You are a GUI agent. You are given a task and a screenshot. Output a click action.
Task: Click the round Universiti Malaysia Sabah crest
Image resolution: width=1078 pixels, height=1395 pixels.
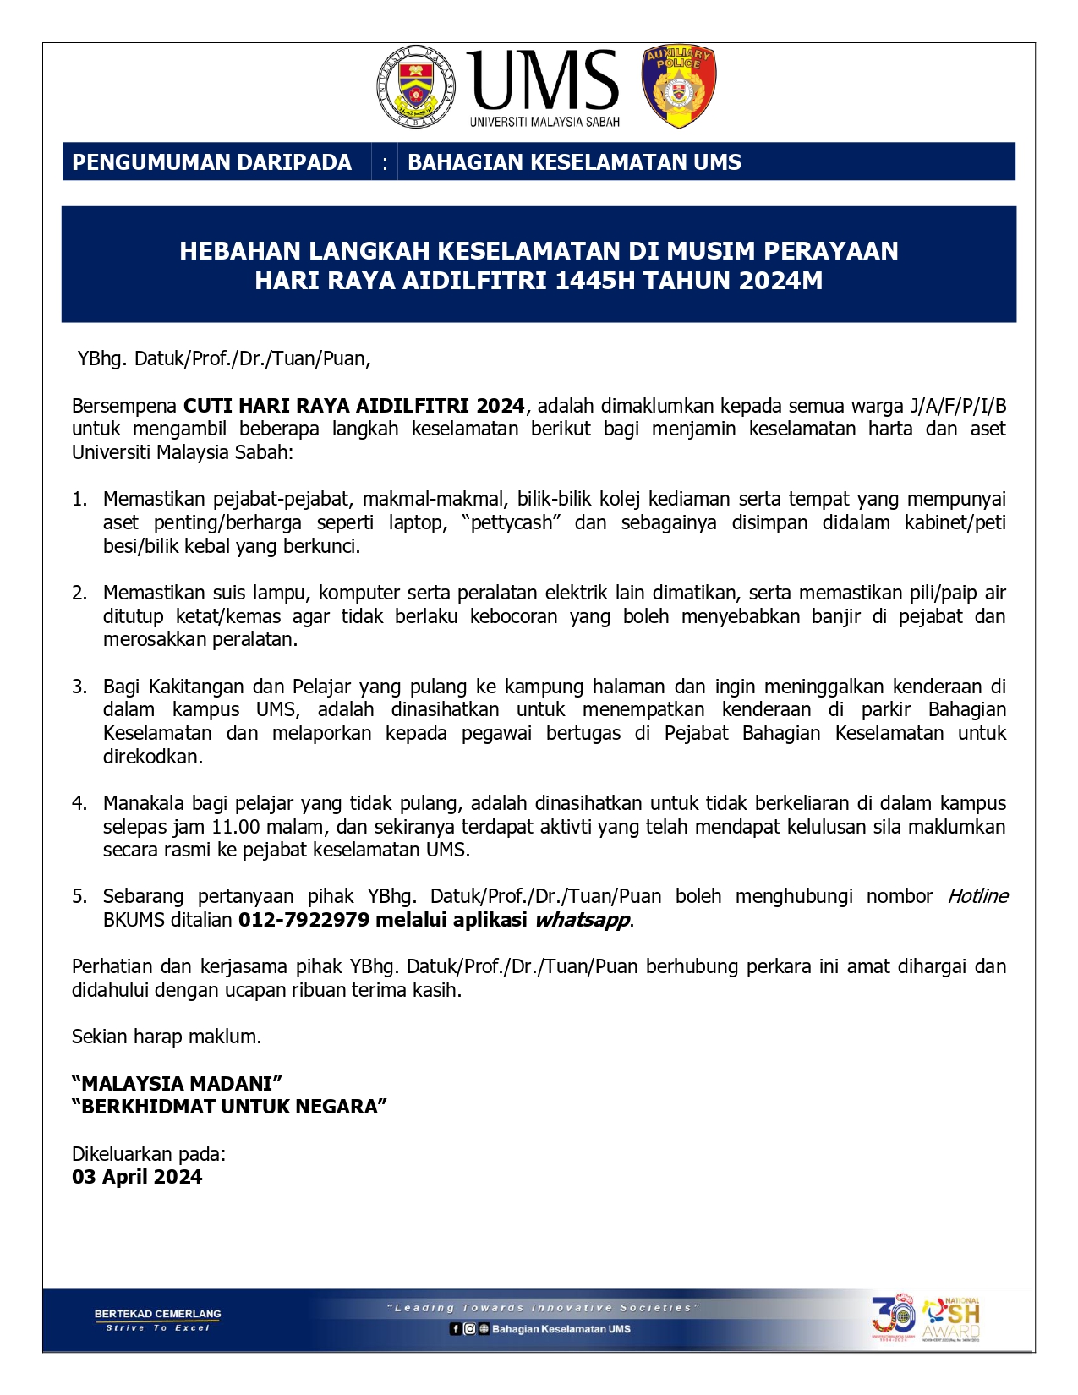pyautogui.click(x=415, y=87)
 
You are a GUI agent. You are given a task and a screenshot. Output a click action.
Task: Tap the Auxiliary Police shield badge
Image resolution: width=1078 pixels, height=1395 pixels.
pyautogui.click(x=679, y=87)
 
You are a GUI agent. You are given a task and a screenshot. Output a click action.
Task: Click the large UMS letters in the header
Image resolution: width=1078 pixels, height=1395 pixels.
pyautogui.click(x=544, y=79)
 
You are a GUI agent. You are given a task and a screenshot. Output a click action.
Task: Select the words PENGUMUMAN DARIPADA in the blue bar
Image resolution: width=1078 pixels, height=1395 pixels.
pyautogui.click(x=211, y=162)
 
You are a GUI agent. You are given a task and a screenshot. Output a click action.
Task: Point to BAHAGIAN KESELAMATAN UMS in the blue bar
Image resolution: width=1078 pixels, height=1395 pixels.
pyautogui.click(x=574, y=162)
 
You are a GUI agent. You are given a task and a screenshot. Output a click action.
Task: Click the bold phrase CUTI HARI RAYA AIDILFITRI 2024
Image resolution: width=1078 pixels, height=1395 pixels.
pyautogui.click(x=354, y=406)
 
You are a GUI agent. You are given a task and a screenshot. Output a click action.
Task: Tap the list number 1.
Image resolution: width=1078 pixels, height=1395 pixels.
pyautogui.click(x=79, y=500)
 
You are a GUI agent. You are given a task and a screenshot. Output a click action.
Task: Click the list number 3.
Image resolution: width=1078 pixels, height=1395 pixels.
pyautogui.click(x=79, y=687)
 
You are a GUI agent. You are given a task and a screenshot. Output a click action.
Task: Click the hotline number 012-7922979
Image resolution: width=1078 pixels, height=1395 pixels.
pyautogui.click(x=304, y=920)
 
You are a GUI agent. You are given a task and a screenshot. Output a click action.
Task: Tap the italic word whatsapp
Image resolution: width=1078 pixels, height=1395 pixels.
pyautogui.click(x=582, y=920)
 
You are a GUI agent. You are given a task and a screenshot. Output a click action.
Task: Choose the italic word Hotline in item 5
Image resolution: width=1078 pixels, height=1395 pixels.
pyautogui.click(x=977, y=896)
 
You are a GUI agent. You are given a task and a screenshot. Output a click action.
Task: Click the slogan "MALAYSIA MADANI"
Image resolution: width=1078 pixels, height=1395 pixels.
pyautogui.click(x=177, y=1084)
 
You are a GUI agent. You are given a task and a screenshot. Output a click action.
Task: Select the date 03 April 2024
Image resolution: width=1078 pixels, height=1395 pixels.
pyautogui.click(x=137, y=1177)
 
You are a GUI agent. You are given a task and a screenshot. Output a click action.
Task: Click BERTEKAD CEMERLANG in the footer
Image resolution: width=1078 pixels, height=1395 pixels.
pyautogui.click(x=157, y=1314)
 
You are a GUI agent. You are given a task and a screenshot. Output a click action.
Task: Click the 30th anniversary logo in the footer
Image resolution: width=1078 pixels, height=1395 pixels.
pyautogui.click(x=893, y=1317)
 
